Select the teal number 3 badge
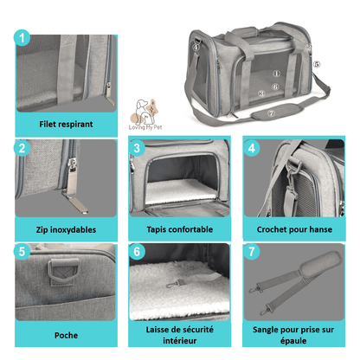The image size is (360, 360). [x=137, y=148]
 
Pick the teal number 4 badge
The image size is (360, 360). [x=252, y=148]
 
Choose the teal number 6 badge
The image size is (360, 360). [x=137, y=252]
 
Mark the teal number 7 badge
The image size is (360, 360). [x=252, y=252]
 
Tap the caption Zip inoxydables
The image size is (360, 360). [x=67, y=229]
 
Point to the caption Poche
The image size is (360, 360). [x=66, y=335]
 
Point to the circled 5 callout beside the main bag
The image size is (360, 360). [x=317, y=64]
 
